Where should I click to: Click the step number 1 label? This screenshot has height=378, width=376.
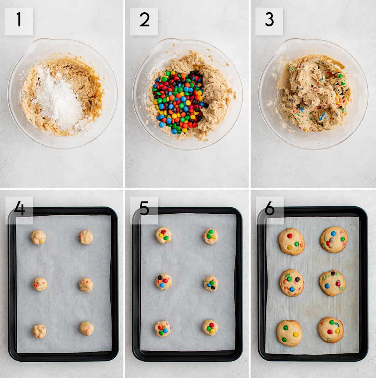(x=18, y=21)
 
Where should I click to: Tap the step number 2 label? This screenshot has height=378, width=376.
(x=144, y=21)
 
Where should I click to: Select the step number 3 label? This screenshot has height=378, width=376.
(x=269, y=21)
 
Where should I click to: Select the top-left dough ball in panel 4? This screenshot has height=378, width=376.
(x=39, y=237)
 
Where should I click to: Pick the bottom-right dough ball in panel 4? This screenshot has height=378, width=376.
(x=86, y=328)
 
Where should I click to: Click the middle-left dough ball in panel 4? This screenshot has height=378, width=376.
(x=40, y=284)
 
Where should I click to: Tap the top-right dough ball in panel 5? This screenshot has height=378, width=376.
(x=210, y=236)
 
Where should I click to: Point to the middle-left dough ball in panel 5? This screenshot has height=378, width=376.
(x=164, y=281)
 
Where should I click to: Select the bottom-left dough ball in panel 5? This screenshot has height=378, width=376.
(x=162, y=328)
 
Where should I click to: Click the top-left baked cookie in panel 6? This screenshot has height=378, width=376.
(x=291, y=241)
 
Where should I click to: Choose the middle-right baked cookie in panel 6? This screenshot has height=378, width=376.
(x=333, y=283)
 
